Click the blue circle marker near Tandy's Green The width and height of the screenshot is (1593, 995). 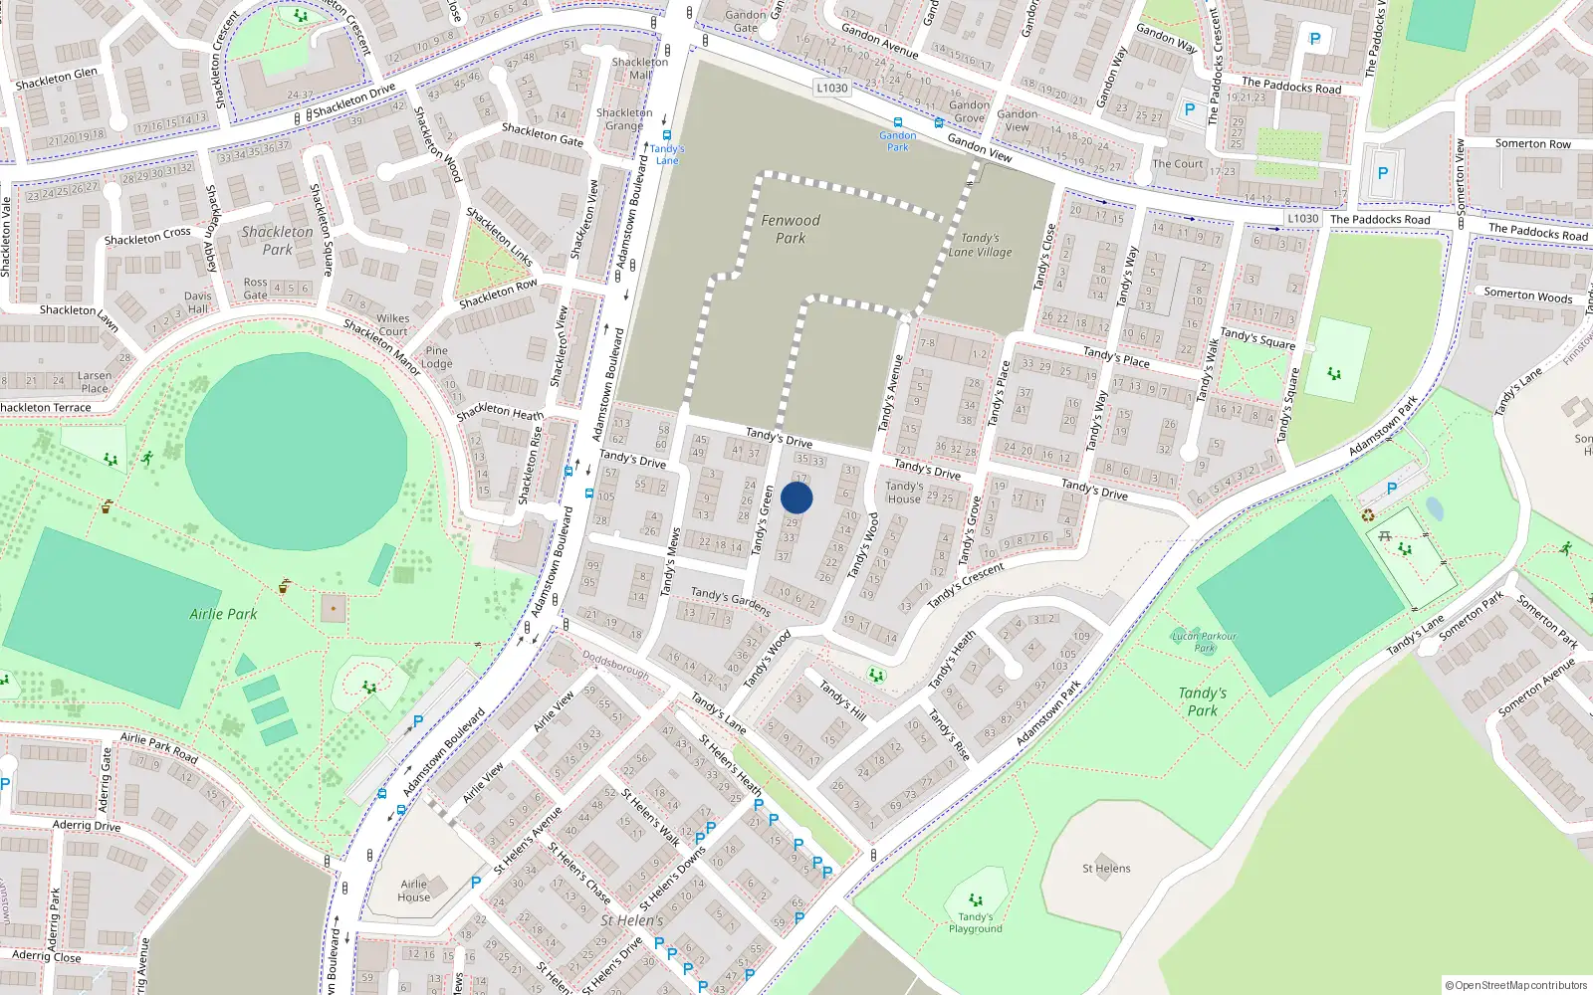point(796,497)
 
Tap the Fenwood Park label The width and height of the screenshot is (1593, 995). point(791,229)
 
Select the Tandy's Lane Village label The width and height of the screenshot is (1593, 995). point(980,245)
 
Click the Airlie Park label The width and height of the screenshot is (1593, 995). point(223,614)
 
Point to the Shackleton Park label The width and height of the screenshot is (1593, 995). point(277,240)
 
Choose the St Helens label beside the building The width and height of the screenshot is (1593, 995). point(1106,869)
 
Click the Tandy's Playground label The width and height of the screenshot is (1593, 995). point(975,923)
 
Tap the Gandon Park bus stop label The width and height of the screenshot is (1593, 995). point(898,141)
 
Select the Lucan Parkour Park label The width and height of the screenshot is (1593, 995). point(1204,642)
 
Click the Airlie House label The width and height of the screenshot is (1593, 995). point(414,891)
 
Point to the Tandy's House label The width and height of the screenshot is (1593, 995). point(904,493)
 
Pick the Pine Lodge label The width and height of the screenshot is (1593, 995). point(436,357)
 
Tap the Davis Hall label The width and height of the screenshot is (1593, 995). point(197,302)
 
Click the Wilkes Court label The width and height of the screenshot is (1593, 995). point(392,324)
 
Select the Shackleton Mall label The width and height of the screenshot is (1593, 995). point(640,68)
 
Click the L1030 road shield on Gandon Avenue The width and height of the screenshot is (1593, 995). point(832,88)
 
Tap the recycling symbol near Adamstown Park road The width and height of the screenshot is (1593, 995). point(1368,515)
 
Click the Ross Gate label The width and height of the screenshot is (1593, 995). point(256,289)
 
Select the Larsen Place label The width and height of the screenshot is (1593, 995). point(95,382)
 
